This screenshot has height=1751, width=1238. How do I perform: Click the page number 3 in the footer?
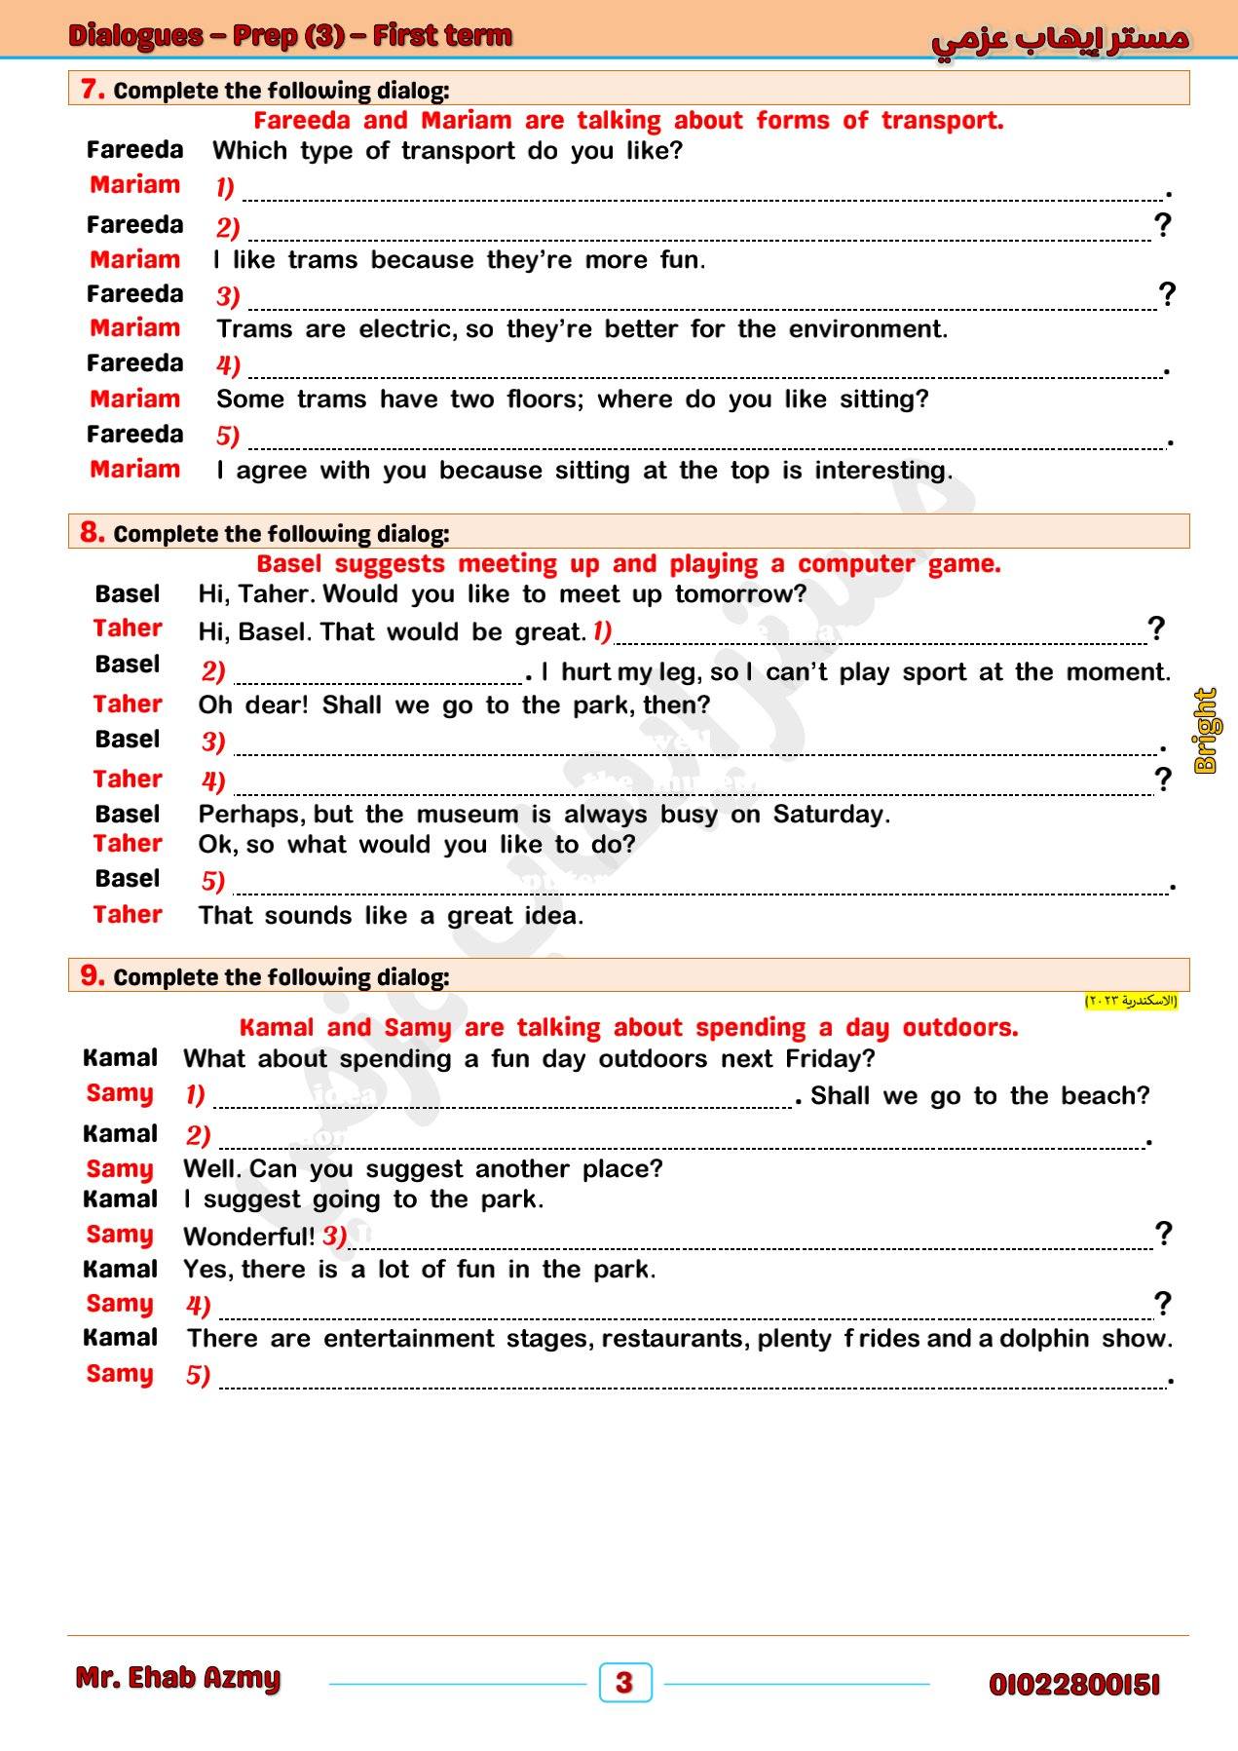pos(624,1682)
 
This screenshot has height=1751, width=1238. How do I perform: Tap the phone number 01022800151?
pos(1074,1684)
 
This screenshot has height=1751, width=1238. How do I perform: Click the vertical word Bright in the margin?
pos(1206,731)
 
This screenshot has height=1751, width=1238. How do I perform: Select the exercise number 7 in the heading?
pos(93,89)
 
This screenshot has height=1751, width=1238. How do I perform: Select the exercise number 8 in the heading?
pos(93,532)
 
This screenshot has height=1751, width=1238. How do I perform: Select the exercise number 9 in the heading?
pos(93,975)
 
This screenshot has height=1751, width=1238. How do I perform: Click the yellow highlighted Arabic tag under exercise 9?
pos(1131,1001)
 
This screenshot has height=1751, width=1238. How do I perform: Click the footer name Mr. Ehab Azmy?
pos(178,1678)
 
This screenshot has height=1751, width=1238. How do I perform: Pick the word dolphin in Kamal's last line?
pos(1043,1339)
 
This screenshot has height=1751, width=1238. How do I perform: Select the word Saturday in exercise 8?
pos(831,815)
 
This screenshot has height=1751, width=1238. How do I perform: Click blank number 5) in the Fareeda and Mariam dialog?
pos(228,436)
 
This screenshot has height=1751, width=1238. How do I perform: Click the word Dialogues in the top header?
pos(136,36)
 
